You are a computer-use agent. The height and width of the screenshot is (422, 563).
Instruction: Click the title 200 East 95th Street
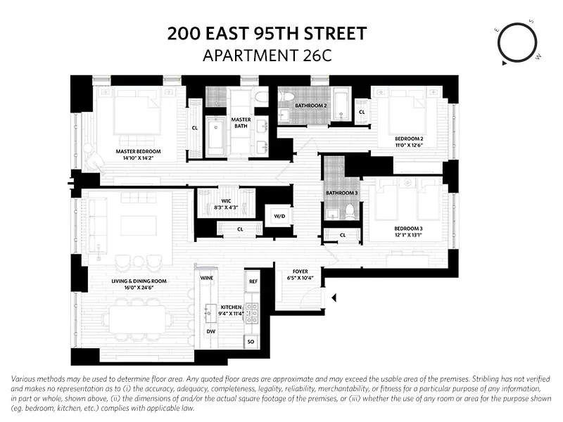tap(267, 33)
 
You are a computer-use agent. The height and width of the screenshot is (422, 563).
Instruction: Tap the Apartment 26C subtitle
tap(267, 55)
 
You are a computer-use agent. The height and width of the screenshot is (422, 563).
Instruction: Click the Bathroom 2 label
tap(310, 105)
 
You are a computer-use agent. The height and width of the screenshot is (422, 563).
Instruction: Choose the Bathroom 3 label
tap(341, 193)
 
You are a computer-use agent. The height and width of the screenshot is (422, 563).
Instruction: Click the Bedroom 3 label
tap(409, 231)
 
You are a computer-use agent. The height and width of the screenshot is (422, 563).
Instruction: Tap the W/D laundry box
tap(278, 216)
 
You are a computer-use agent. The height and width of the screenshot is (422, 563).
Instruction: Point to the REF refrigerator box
tap(253, 281)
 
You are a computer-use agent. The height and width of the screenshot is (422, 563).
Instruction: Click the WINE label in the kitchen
tap(207, 278)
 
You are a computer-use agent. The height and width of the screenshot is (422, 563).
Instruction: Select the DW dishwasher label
tap(210, 331)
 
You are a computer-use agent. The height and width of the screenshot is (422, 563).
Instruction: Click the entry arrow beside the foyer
tap(334, 298)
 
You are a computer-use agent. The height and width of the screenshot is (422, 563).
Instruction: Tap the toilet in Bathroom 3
tap(350, 212)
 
